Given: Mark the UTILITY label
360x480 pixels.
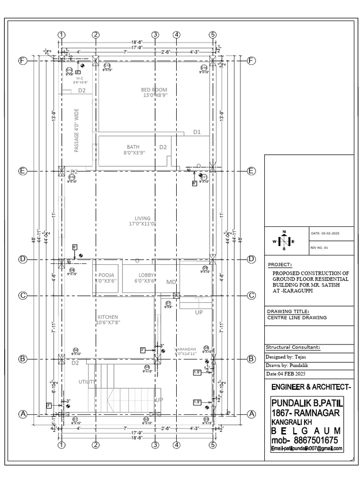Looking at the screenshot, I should point(87,382).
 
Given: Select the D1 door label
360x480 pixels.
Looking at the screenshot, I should point(197,132).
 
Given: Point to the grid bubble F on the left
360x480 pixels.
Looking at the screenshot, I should point(22,61).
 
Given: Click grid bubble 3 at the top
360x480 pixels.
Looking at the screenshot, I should point(155,35).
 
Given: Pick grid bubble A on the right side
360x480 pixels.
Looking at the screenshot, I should point(251,414).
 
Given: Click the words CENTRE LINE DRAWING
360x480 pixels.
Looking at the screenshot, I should point(297,317).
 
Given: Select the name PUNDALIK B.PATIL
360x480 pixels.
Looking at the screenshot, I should point(307,403).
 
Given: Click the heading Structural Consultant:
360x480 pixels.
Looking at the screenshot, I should point(293,347).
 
